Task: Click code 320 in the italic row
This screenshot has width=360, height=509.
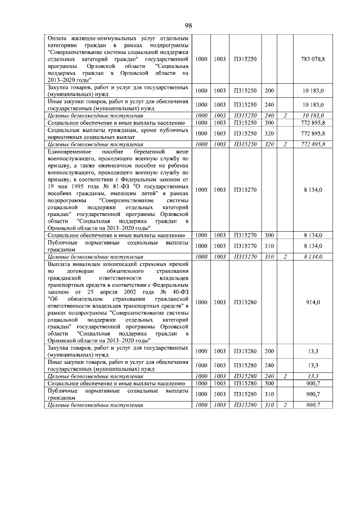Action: click(x=269, y=145)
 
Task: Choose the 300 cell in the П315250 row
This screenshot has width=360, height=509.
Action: click(x=269, y=122)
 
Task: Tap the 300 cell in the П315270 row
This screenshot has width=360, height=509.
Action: click(x=269, y=235)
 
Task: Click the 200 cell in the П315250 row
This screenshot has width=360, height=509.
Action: click(x=269, y=90)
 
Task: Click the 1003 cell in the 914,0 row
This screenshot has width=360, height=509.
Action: click(x=219, y=302)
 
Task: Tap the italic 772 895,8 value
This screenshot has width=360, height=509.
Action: click(x=313, y=145)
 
